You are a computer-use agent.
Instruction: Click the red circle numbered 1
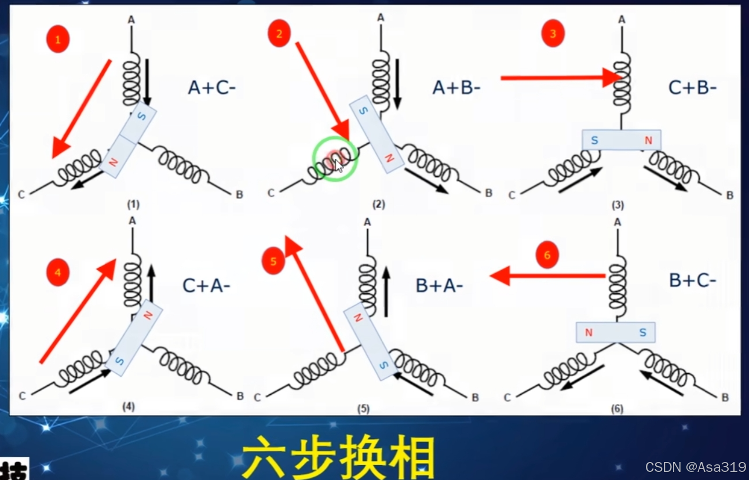[x=58, y=40]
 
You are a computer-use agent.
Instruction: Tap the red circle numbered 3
[x=553, y=34]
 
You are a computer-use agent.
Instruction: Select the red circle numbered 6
[x=547, y=255]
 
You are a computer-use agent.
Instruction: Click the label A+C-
[x=211, y=88]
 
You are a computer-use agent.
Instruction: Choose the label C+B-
[x=692, y=88]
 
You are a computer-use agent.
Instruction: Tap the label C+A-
[x=206, y=285]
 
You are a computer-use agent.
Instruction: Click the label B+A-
[x=439, y=285]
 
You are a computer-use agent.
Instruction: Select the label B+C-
[x=692, y=281]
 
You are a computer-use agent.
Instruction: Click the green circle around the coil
[x=335, y=158]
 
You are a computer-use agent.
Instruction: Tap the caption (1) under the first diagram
[x=134, y=204]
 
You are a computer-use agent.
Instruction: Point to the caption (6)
[x=616, y=409]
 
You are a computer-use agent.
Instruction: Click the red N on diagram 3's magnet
[x=648, y=140]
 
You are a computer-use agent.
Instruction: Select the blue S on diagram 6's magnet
[x=642, y=333]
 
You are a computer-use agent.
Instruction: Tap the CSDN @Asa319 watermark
[x=696, y=467]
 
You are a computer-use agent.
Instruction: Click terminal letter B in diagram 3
[x=729, y=195]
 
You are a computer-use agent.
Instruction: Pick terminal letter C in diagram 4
[x=23, y=396]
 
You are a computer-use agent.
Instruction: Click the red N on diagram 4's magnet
[x=148, y=315]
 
